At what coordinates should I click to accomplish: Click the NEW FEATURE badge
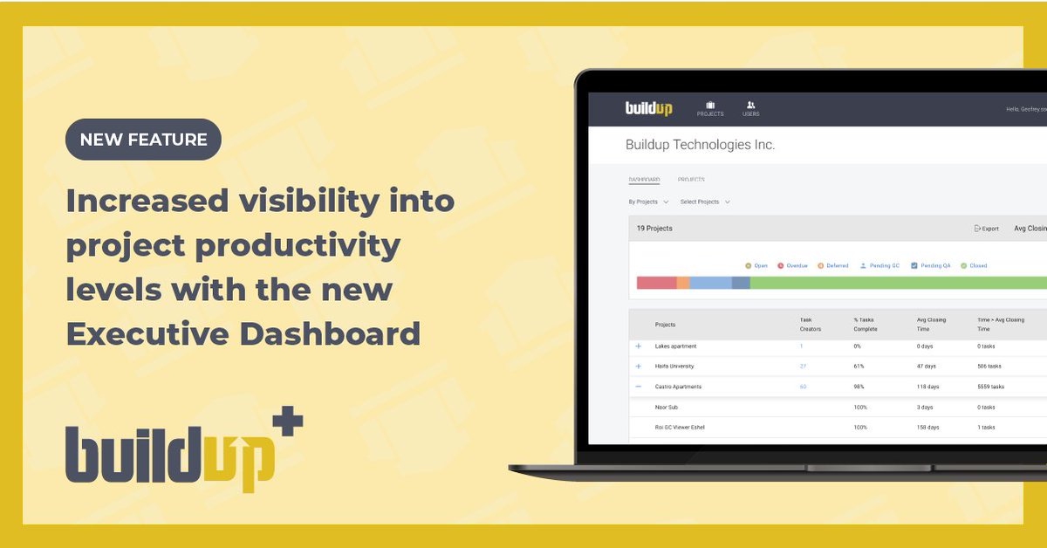click(x=143, y=140)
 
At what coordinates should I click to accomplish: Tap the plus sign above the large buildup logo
click(x=287, y=423)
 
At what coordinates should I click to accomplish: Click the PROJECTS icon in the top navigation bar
click(x=710, y=106)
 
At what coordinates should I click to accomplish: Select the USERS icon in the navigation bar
click(x=750, y=106)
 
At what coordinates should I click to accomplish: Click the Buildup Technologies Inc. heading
click(x=700, y=145)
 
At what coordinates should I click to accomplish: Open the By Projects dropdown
click(x=648, y=202)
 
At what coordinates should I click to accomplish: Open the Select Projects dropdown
click(x=704, y=202)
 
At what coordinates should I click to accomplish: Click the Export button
click(x=986, y=229)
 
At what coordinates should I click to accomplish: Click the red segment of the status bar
click(x=656, y=283)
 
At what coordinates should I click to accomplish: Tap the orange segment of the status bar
click(x=683, y=283)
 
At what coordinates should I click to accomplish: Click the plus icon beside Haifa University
click(x=638, y=366)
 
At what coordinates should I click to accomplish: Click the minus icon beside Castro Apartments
click(x=638, y=387)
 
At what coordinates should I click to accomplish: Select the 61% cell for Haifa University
click(x=859, y=366)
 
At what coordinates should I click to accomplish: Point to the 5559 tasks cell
click(x=990, y=387)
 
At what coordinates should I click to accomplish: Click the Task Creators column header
click(x=810, y=324)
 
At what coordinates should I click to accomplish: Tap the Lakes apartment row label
click(x=674, y=346)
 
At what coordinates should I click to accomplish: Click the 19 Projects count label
click(x=654, y=229)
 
